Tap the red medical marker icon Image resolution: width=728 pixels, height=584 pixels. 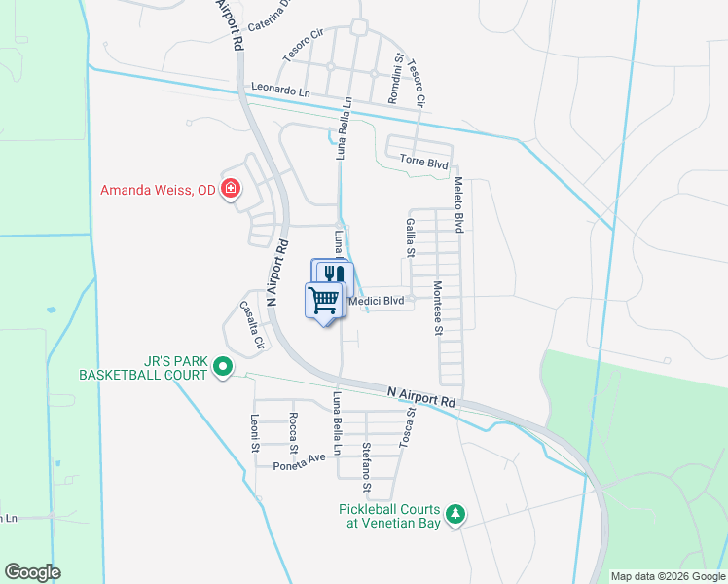[231, 188]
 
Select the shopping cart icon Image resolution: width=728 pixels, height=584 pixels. [326, 300]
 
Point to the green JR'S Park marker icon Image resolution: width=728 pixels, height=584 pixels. [222, 367]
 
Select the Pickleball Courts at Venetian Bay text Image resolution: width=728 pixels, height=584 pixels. [389, 516]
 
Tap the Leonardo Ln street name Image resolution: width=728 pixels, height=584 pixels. [280, 89]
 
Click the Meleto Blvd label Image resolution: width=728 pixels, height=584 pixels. [457, 205]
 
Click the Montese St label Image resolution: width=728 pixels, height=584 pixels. [438, 308]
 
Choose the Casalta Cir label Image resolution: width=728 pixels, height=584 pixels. [252, 325]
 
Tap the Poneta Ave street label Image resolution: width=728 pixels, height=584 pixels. [298, 461]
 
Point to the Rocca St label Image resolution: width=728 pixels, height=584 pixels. [293, 433]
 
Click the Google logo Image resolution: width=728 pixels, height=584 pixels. [32, 572]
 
